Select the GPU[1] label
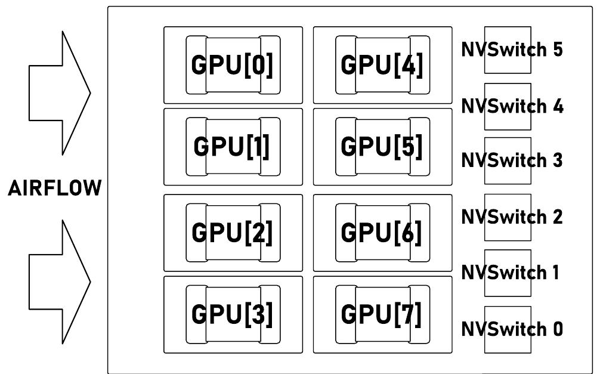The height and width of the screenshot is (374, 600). click(x=232, y=147)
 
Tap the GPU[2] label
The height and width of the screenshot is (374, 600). click(x=232, y=233)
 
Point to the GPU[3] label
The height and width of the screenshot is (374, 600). click(x=232, y=314)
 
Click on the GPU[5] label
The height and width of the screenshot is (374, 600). click(x=382, y=147)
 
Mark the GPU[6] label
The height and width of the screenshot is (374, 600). click(x=382, y=233)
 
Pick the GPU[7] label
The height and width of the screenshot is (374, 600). click(x=382, y=314)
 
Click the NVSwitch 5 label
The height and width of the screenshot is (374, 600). click(x=512, y=50)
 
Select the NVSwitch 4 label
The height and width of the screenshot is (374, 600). click(x=512, y=106)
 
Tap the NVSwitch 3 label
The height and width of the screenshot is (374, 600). click(x=512, y=160)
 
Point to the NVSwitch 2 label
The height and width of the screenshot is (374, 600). click(x=512, y=217)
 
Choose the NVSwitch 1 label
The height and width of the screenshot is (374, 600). click(x=510, y=273)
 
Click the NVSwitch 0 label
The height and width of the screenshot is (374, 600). click(x=512, y=329)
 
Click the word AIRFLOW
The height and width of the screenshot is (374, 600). click(x=54, y=190)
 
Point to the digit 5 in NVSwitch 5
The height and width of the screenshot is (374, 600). click(x=557, y=50)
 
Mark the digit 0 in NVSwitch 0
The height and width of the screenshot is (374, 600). click(x=557, y=329)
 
